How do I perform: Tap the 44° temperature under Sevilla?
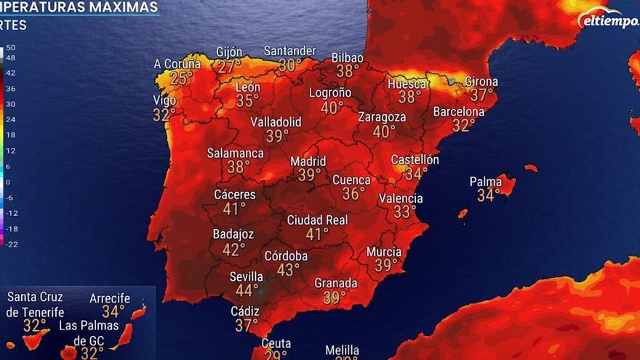coord(247,290)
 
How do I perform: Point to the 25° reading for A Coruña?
coord(181,78)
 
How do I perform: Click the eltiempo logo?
coord(609,20)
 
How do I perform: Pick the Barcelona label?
coord(458,112)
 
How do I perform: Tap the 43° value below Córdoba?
coord(288,270)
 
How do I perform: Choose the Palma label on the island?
coord(486,181)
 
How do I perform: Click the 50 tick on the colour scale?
coord(11,47)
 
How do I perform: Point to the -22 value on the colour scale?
coord(11,244)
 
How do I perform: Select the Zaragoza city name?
coord(382,117)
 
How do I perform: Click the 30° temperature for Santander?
coord(290,65)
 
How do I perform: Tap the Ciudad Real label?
coord(317,220)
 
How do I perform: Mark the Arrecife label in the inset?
coord(110,298)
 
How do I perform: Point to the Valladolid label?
coord(276,121)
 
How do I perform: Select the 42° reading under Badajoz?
coord(233,249)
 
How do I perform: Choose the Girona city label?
coord(481,81)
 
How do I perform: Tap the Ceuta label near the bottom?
coord(276,343)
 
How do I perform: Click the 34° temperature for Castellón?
coord(417,174)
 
